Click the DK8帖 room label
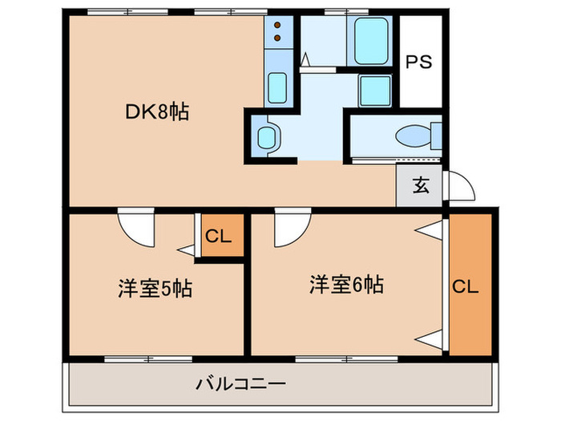tap(156, 113)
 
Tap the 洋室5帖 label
tap(156, 287)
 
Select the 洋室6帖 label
tap(347, 284)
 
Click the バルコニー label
tap(240, 384)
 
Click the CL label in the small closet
tap(218, 237)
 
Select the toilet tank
tap(436, 135)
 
